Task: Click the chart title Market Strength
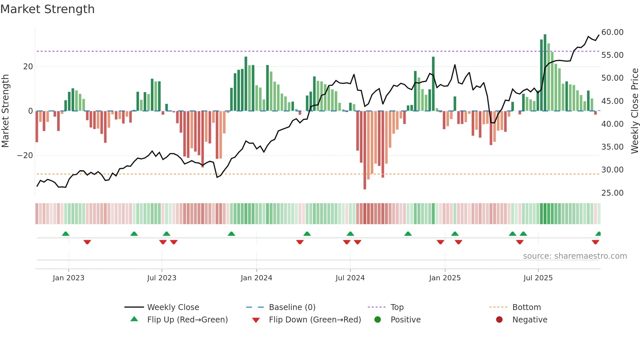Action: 47,9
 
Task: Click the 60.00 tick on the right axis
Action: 612,32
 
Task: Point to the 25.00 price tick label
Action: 612,193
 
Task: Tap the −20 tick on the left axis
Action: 25,155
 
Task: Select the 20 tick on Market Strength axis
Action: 28,67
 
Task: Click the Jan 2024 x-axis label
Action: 256,278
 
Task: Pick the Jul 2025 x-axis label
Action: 538,278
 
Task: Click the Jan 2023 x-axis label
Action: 69,278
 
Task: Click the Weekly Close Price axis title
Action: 634,111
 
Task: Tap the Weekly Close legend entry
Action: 173,307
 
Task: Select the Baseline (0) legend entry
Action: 292,307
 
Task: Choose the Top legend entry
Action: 397,307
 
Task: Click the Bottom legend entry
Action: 526,307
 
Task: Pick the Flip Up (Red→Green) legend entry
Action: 187,320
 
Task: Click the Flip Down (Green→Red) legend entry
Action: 315,320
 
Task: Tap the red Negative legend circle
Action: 499,320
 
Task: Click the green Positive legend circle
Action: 378,320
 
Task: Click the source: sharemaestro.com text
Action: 575,256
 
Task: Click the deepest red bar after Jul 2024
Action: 365,150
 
